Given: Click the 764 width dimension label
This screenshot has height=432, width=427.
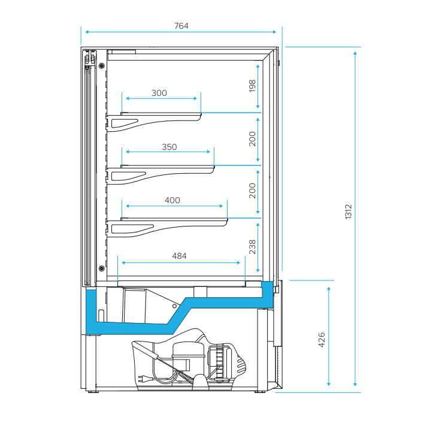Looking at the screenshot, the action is point(181,26).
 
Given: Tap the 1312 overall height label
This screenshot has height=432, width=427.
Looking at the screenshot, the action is point(349,212).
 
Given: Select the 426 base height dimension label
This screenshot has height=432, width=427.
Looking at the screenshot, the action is point(321,340).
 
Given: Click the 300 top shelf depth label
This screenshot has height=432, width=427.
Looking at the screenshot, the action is point(159,93).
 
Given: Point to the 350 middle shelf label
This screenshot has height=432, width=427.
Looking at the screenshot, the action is point(169,147).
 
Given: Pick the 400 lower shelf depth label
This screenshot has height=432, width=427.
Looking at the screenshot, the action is point(172,200).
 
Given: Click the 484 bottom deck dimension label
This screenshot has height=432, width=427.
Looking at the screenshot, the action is point(179,256).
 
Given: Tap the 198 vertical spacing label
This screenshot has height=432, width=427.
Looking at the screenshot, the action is point(252,86).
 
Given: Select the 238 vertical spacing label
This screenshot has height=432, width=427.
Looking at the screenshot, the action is point(252,247).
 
